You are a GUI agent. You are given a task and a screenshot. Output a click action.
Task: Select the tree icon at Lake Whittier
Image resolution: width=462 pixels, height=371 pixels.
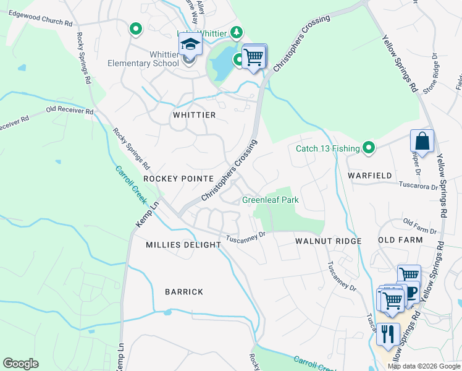click(235, 32)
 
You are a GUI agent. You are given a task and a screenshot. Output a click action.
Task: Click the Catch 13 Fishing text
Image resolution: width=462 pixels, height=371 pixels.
click(327, 148)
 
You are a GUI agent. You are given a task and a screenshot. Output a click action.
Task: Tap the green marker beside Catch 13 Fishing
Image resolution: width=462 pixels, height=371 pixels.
click(369, 147)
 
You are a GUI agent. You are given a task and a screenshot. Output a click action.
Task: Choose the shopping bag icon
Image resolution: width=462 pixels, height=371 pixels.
click(422, 141)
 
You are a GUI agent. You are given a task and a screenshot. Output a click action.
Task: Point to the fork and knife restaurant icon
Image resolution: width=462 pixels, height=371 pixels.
click(387, 335)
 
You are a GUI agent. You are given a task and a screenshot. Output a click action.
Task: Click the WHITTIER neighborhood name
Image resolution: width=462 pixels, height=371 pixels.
click(194, 116)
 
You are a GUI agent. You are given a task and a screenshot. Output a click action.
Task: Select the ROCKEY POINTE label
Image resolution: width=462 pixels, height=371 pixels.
click(178, 178)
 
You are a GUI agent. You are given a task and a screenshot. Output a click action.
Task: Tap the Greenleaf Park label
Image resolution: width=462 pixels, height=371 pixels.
click(271, 200)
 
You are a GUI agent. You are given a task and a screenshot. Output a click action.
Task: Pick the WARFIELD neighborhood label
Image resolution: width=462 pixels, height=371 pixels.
click(369, 176)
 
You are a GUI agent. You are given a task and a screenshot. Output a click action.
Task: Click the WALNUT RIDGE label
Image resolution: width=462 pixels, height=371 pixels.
click(328, 240)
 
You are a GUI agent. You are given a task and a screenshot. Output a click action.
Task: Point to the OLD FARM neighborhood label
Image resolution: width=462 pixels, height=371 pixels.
click(400, 240)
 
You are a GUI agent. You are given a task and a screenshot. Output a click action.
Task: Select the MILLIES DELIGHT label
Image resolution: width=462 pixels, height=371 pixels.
click(183, 245)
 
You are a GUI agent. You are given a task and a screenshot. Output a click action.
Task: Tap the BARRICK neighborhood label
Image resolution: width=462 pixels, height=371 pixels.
click(184, 292)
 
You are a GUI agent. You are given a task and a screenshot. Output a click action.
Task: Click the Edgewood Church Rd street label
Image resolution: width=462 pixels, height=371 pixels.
click(36, 22)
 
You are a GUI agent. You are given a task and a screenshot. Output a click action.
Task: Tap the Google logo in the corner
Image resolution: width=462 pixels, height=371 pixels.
click(21, 363)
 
